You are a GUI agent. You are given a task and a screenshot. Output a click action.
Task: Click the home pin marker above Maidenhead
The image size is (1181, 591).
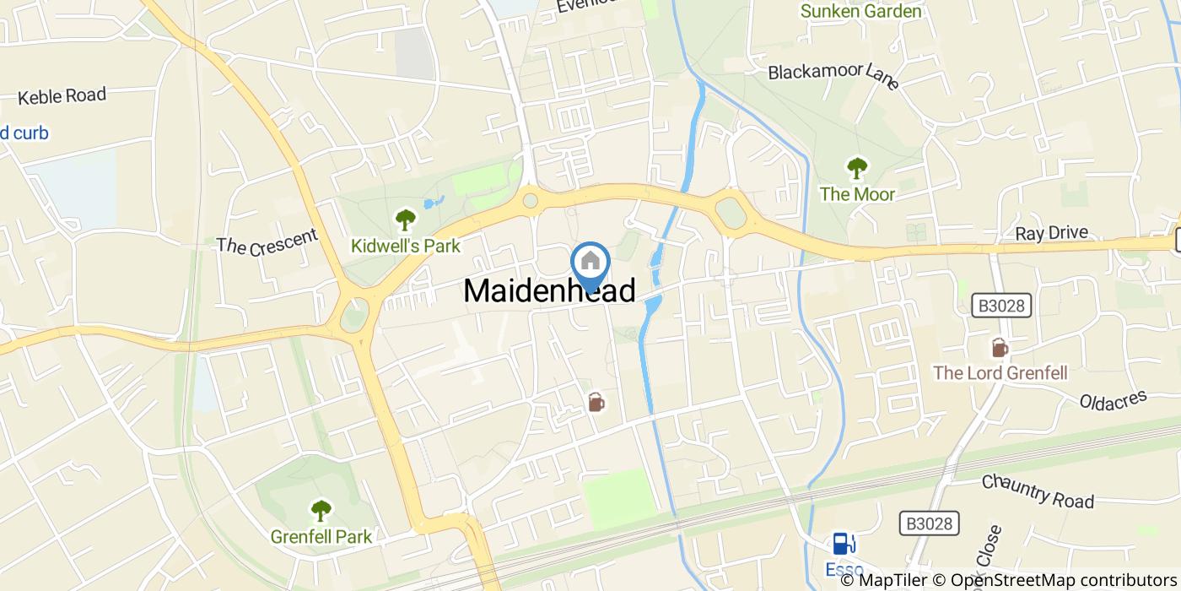(590, 262)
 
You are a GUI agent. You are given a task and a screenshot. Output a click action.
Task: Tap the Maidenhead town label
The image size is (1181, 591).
(549, 291)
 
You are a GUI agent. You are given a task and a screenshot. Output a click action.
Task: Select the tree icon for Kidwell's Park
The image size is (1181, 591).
(406, 220)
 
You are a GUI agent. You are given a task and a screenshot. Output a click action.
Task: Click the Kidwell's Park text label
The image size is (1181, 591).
(406, 246)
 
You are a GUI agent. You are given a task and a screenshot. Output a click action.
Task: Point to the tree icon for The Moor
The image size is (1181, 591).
(857, 168)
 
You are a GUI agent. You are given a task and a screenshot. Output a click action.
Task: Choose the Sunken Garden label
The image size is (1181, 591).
(860, 11)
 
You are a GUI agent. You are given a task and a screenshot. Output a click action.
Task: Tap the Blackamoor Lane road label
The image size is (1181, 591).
(833, 73)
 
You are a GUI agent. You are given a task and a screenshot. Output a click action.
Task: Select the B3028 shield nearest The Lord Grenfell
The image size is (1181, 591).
(1002, 305)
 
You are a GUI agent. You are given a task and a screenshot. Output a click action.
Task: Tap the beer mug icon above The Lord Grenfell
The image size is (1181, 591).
(1000, 347)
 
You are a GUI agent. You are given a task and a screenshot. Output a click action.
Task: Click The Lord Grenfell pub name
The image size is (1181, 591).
(1000, 372)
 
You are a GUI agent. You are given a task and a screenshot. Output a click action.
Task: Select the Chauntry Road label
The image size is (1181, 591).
(1038, 491)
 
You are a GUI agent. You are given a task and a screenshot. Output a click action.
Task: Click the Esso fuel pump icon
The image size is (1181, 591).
(841, 543)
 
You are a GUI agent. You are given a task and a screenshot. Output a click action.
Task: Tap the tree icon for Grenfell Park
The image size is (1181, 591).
(321, 510)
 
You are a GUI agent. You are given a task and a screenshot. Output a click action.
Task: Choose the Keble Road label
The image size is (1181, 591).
(62, 96)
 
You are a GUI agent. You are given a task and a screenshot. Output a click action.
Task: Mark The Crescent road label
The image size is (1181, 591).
(267, 241)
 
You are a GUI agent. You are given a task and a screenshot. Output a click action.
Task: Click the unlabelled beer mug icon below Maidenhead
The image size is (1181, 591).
(596, 402)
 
